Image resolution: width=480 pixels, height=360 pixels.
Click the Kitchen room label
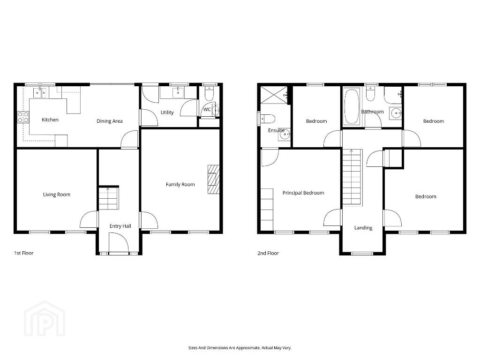click(x=50, y=120)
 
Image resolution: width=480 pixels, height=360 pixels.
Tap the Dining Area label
click(x=110, y=121)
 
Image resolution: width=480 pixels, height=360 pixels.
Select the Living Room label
click(x=57, y=195)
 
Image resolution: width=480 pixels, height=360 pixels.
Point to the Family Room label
click(x=180, y=184)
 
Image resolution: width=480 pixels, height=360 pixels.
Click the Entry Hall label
click(x=120, y=226)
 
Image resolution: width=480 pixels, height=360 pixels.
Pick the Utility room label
click(x=167, y=112)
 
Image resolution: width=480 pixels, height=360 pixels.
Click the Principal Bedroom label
click(x=303, y=193)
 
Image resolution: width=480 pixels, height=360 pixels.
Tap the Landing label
click(x=363, y=228)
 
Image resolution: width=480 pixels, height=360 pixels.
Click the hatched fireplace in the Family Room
click(x=213, y=180)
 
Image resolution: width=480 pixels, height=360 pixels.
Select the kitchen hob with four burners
click(x=23, y=117)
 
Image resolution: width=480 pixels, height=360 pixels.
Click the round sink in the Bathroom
click(x=396, y=113)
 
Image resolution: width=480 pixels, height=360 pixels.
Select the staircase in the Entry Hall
click(x=109, y=198)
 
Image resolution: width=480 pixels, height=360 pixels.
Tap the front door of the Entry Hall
click(x=119, y=243)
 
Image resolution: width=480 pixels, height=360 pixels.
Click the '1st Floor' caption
click(x=23, y=253)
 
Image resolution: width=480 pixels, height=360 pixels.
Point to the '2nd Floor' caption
click(x=268, y=253)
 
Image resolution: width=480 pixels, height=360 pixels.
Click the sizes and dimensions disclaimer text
click(x=240, y=348)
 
